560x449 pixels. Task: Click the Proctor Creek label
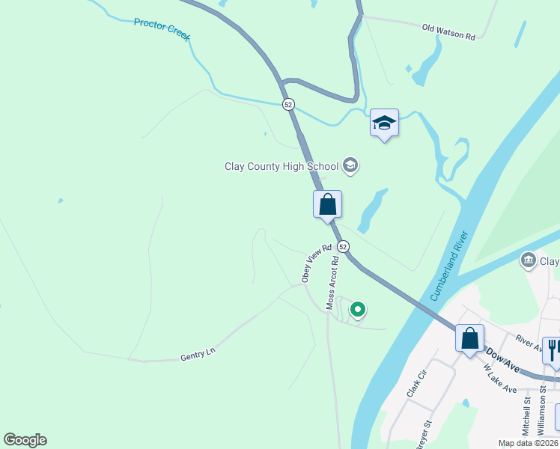coord(162,28)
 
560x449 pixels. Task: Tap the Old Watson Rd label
coord(448,31)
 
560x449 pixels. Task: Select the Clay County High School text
coord(281,166)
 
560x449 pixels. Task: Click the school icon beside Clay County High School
coord(350,165)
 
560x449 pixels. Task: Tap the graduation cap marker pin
coord(384,123)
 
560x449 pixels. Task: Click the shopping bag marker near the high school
coord(327,204)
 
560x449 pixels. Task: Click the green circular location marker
coord(358,309)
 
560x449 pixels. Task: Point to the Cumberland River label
coord(450,266)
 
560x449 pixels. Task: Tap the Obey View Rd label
coord(316,263)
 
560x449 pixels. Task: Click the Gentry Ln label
coord(198,358)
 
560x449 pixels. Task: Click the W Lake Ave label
coord(500,379)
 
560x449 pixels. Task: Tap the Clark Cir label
coord(416,384)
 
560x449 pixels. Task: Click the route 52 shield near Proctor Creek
coord(288,105)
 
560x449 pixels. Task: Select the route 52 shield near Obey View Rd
coord(343,246)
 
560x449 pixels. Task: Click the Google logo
coord(25,440)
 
